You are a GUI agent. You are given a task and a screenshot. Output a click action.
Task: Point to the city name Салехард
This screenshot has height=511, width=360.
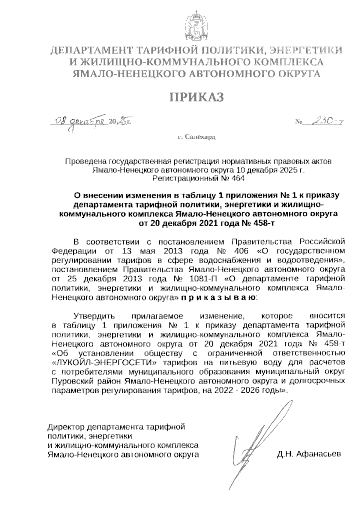tap(200, 137)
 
